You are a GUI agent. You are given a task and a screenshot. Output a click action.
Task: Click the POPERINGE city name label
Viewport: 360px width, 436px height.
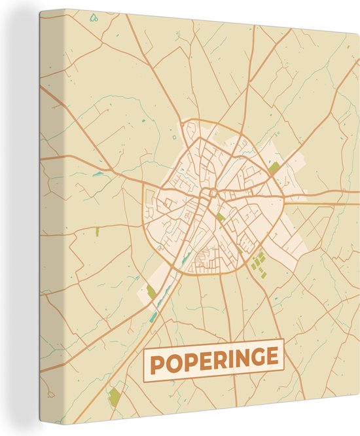click(x=213, y=359)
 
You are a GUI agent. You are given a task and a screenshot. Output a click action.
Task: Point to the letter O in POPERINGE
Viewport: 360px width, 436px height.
click(x=172, y=361)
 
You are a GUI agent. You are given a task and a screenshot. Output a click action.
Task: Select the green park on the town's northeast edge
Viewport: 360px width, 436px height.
click(x=274, y=168)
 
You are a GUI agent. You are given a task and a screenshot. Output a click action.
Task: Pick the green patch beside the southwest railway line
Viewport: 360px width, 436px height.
click(x=152, y=292)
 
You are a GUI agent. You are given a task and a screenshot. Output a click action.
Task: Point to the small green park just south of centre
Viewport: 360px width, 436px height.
click(x=221, y=216)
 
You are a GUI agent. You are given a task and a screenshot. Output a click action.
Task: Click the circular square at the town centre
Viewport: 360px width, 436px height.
click(x=211, y=192)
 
